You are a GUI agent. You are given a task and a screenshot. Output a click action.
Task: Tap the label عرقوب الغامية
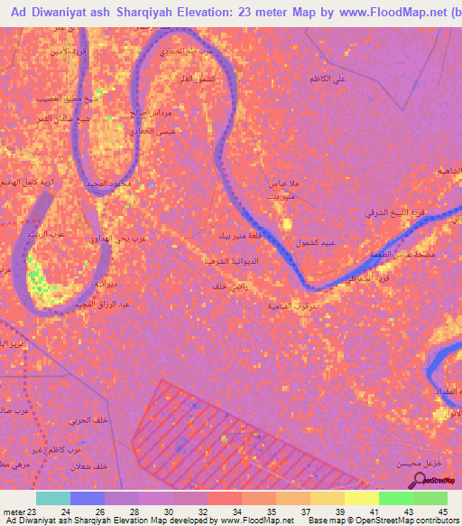point(291,305)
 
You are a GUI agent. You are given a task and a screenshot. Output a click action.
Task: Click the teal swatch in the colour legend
point(53,498)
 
